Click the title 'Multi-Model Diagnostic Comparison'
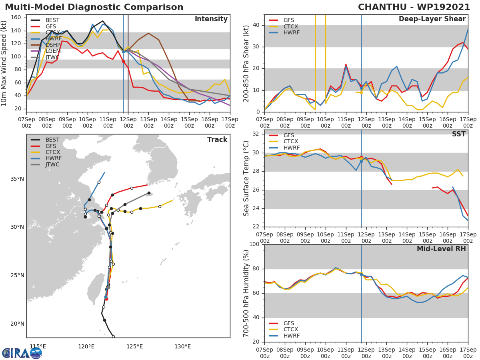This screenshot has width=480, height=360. click(94, 7)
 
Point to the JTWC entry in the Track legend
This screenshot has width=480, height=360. click(52, 164)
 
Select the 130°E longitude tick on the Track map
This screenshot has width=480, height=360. click(182, 346)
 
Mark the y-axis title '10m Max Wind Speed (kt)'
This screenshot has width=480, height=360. click(4, 63)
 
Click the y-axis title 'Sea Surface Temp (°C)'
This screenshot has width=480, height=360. click(246, 179)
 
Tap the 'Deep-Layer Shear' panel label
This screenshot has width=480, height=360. click(432, 19)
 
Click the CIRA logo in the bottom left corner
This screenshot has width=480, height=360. click(22, 353)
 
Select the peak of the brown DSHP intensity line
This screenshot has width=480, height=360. click(148, 33)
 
